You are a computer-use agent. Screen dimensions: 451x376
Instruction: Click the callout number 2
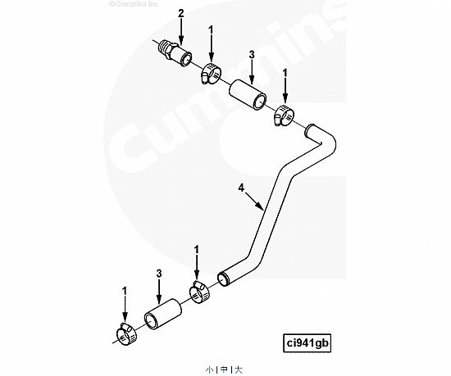point(180,13)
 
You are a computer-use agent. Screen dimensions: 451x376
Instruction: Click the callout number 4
point(241,188)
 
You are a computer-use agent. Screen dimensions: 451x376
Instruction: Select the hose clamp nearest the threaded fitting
point(211,74)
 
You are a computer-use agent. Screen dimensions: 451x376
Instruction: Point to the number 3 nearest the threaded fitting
point(252,55)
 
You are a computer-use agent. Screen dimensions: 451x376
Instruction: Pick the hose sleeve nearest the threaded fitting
point(248,95)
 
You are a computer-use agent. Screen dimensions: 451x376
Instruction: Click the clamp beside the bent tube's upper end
point(284,116)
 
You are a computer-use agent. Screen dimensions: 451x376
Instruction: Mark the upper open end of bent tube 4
point(309,130)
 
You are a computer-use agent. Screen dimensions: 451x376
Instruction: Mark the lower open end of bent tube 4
point(223,279)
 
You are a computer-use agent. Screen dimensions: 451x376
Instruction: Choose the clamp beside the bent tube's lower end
point(199,292)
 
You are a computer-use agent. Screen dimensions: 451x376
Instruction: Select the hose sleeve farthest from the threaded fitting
point(163,314)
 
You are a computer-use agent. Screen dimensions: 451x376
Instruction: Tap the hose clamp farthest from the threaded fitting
point(126,334)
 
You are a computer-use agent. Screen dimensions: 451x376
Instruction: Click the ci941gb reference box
point(307,343)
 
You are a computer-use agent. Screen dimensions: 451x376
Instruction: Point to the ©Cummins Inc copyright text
point(134,4)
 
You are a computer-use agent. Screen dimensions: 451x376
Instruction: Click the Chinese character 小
point(209,369)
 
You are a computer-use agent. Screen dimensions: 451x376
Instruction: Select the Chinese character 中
point(224,369)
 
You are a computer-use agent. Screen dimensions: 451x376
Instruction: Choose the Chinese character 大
point(239,369)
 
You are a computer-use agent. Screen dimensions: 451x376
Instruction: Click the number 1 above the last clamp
point(125,292)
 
